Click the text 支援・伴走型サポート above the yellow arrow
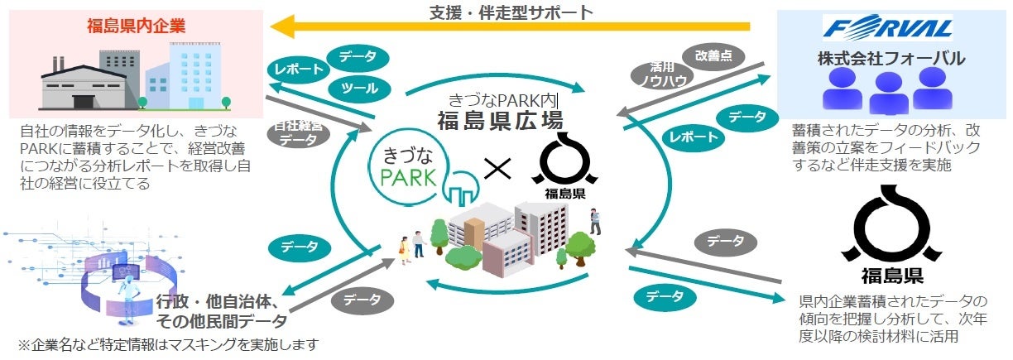pyautogui.click(x=512, y=12)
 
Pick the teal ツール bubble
pyautogui.click(x=359, y=88)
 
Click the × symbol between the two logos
pyautogui.click(x=497, y=168)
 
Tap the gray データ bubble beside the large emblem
pyautogui.click(x=725, y=242)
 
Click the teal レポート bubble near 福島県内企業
pyautogui.click(x=296, y=70)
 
